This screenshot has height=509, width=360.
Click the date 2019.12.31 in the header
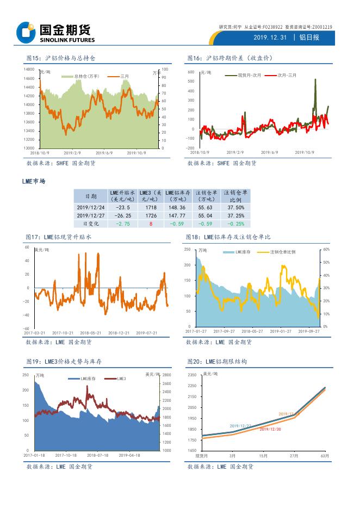[268, 38]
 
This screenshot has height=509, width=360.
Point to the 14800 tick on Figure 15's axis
[29, 70]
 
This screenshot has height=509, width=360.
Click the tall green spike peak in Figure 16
[315, 79]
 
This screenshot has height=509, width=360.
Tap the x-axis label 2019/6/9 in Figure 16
[270, 152]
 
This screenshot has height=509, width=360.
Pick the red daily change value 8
[151, 224]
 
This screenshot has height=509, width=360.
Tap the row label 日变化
[91, 224]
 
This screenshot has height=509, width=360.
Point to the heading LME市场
[34, 181]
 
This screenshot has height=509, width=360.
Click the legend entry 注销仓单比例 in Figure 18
[282, 252]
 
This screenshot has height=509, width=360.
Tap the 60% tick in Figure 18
[326, 249]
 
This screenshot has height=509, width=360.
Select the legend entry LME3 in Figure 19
[122, 378]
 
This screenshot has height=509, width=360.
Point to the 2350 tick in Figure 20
[193, 375]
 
